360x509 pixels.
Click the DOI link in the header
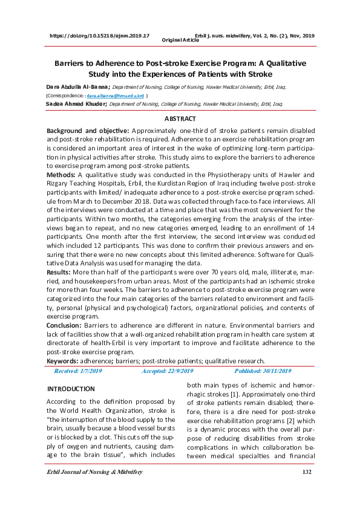click(x=100, y=36)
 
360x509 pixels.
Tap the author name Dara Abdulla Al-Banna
click(x=69, y=87)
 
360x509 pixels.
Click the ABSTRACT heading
click(x=180, y=119)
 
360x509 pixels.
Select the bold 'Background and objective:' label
click(x=88, y=131)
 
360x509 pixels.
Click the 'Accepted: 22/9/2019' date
click(x=167, y=371)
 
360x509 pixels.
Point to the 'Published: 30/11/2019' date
click(x=262, y=371)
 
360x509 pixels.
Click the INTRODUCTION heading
click(x=71, y=389)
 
